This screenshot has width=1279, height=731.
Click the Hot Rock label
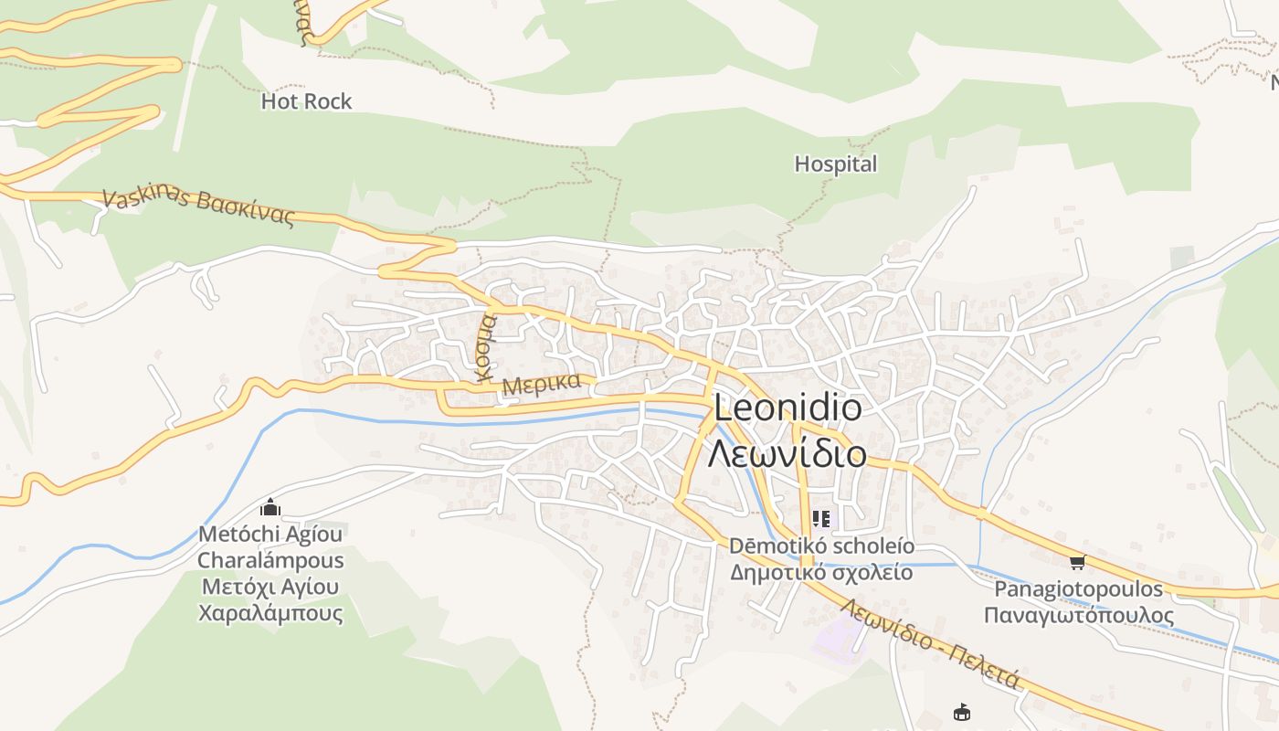306,101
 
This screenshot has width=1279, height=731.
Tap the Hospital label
835,164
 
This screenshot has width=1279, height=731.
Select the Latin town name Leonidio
787,408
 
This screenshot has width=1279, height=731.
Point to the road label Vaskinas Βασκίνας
198,207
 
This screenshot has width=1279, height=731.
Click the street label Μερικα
542,384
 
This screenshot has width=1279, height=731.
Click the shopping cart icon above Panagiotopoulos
1077,562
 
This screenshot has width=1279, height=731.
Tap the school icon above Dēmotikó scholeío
821,519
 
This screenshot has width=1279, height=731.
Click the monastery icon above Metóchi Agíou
270,507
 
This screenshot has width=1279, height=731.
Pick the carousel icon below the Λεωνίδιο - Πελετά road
961,712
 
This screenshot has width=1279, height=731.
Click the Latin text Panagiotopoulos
1078,588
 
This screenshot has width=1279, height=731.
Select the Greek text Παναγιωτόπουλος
1078,615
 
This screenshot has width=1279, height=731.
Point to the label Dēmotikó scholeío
820,546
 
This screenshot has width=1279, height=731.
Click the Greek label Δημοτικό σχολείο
820,573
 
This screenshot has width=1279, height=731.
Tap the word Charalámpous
270,560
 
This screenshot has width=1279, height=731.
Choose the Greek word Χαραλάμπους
270,612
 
